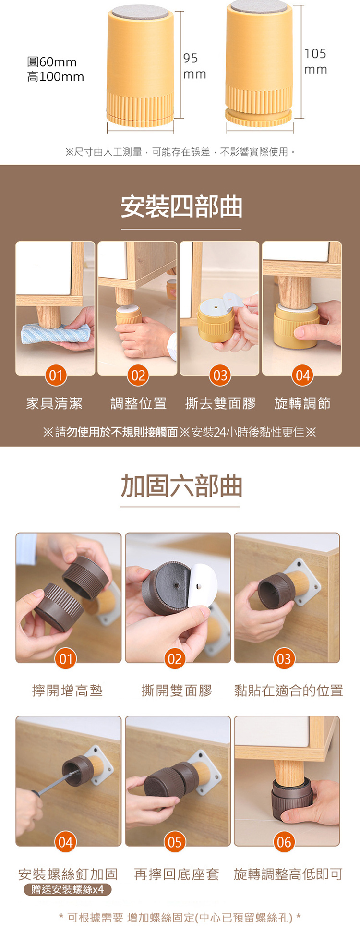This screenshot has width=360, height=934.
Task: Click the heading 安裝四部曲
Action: pyautogui.click(x=181, y=207)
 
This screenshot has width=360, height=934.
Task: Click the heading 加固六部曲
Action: pyautogui.click(x=181, y=485)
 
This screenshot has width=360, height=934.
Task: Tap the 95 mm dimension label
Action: pyautogui.click(x=194, y=66)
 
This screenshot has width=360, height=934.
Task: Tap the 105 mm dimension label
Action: pyautogui.click(x=315, y=61)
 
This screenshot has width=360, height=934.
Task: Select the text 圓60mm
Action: pyautogui.click(x=52, y=62)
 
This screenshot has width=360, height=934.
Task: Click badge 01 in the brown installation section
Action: pyautogui.click(x=56, y=375)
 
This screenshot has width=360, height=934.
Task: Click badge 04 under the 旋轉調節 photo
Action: pyautogui.click(x=302, y=375)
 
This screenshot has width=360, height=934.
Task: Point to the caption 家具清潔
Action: pyautogui.click(x=54, y=403)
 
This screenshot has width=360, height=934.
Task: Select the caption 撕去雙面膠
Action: pyautogui.click(x=221, y=403)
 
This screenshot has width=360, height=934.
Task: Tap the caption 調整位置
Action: pyautogui.click(x=138, y=403)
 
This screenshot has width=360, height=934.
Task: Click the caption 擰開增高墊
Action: pyautogui.click(x=67, y=691)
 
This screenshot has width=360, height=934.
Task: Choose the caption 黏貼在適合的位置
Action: pyautogui.click(x=288, y=691)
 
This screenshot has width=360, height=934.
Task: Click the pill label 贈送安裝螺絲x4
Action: pyautogui.click(x=68, y=889)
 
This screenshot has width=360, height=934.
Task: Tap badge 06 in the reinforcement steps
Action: pyautogui.click(x=284, y=842)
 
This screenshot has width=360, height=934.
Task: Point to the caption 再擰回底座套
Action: pyautogui.click(x=177, y=874)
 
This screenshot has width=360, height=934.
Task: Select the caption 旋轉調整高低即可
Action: pyautogui.click(x=288, y=874)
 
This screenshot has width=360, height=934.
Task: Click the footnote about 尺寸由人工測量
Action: pyautogui.click(x=180, y=152)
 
